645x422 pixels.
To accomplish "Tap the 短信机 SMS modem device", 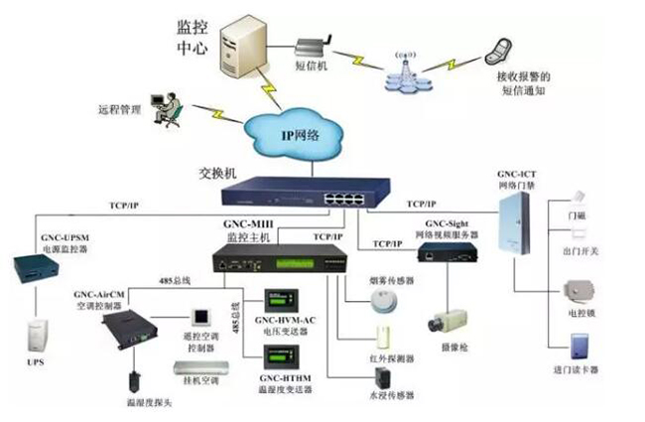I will [317, 47].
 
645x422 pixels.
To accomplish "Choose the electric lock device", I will [579, 293].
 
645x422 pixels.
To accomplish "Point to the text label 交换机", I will [218, 172].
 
